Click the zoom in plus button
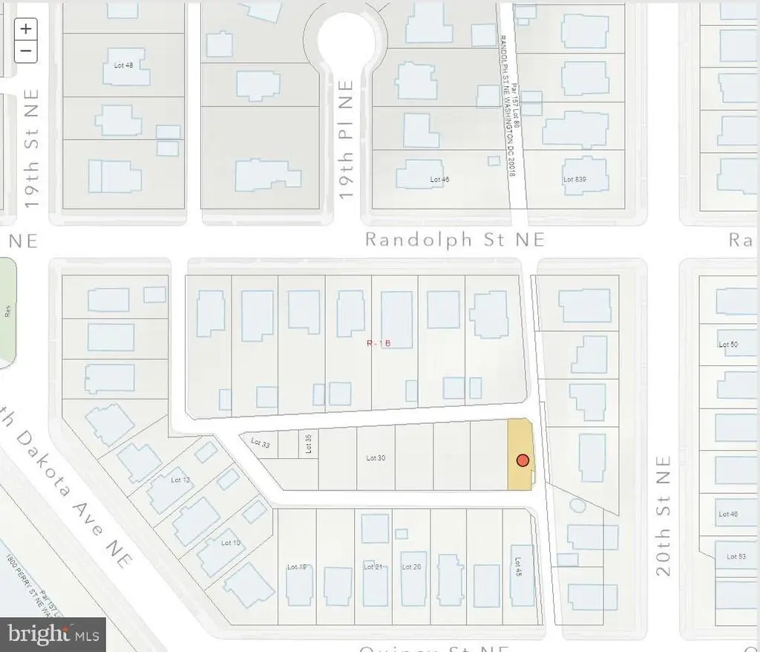pyautogui.click(x=26, y=29)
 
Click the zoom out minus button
pyautogui.click(x=26, y=50)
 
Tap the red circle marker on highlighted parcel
pyautogui.click(x=522, y=460)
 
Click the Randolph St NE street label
pyautogui.click(x=455, y=240)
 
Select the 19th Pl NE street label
pyautogui.click(x=345, y=150)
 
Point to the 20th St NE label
pyautogui.click(x=663, y=515)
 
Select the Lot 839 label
pyautogui.click(x=574, y=180)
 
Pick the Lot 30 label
pyautogui.click(x=376, y=458)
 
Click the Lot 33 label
pyautogui.click(x=261, y=443)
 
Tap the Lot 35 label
pyautogui.click(x=308, y=444)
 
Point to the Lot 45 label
pyautogui.click(x=519, y=567)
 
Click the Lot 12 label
pyautogui.click(x=180, y=480)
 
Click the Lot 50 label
pyautogui.click(x=728, y=345)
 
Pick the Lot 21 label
pyautogui.click(x=373, y=567)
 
